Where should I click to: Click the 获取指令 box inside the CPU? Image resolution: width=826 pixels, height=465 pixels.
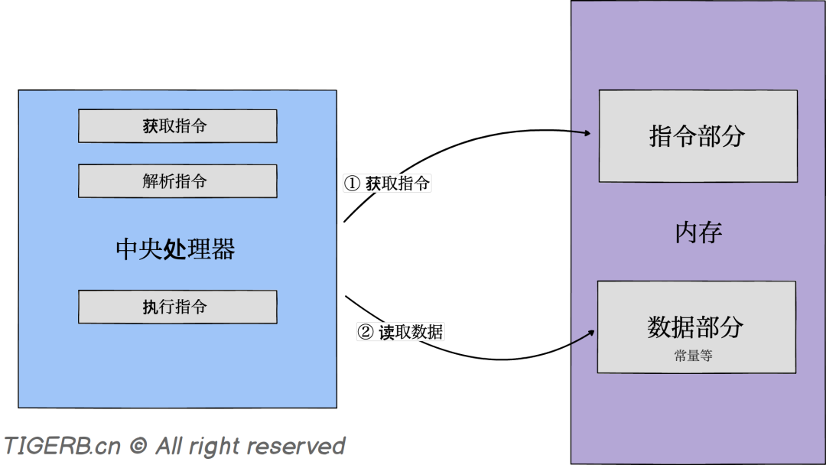pos(177,126)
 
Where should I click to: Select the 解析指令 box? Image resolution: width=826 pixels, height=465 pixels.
pos(177,181)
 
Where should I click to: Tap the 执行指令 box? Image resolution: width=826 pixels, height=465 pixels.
pos(177,307)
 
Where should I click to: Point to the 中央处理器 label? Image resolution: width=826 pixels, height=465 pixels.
pos(175,249)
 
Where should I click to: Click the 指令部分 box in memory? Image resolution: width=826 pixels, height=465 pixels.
pos(698,136)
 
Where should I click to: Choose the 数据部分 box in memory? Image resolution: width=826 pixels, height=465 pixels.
pos(696,327)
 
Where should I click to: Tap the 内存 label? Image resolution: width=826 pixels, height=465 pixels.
pos(698,232)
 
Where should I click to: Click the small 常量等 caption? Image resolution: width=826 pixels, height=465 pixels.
pos(694,356)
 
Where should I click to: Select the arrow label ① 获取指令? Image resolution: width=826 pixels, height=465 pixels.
pos(388,184)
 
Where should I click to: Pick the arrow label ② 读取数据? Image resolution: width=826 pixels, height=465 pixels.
pos(401,333)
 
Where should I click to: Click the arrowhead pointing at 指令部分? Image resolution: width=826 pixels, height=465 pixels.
pos(588,134)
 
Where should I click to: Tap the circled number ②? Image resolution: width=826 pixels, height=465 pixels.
pos(366,333)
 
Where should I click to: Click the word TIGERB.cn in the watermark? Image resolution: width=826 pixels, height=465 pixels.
pos(62,446)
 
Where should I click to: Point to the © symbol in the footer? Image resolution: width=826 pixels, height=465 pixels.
pos(138,446)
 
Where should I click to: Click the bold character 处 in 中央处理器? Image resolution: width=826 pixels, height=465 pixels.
pos(175,249)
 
